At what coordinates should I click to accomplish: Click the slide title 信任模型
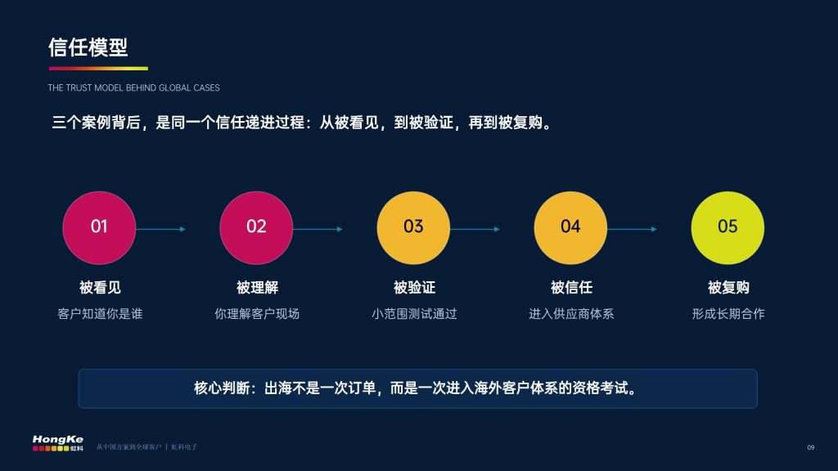(x=88, y=47)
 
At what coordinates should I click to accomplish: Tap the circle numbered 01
(x=99, y=228)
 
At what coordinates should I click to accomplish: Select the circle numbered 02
(x=256, y=228)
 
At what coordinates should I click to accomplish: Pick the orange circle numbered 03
(x=413, y=228)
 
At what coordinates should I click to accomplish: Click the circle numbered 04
(x=570, y=228)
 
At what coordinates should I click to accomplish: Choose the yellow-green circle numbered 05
(x=728, y=228)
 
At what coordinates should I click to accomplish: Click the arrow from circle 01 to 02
(x=161, y=229)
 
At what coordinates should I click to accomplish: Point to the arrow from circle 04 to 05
(x=633, y=229)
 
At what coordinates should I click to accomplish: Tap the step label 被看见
(x=100, y=287)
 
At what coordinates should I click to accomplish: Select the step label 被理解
(x=257, y=287)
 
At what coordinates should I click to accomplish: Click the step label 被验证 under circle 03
(x=414, y=287)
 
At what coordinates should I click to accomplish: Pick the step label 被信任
(x=571, y=287)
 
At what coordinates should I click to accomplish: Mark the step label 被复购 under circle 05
(x=728, y=287)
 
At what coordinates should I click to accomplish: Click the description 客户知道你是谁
(x=100, y=314)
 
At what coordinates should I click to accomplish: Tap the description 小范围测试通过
(x=414, y=314)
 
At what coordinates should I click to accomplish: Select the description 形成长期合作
(x=728, y=314)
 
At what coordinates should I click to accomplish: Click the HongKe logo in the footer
(x=58, y=443)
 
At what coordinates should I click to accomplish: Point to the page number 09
(x=811, y=447)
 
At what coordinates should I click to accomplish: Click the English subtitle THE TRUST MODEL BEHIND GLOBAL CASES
(x=133, y=87)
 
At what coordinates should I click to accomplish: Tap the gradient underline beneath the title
(x=98, y=69)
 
